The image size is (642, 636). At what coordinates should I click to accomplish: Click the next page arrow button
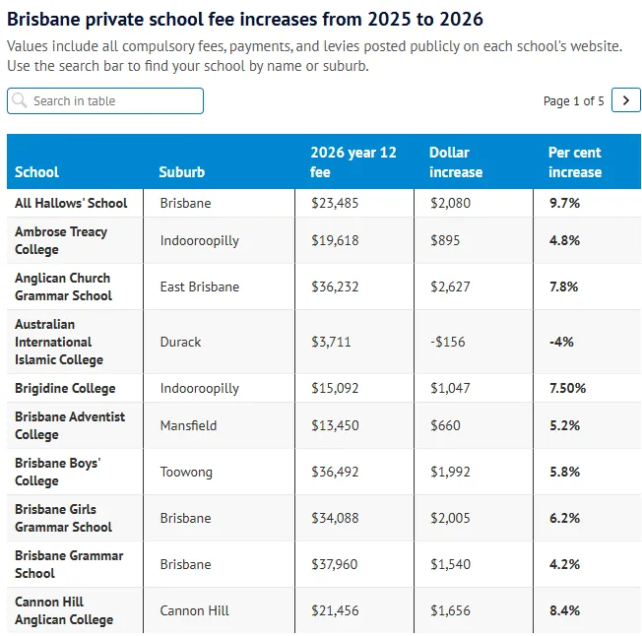tap(625, 100)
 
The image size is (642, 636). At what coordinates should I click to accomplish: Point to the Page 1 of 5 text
tap(573, 101)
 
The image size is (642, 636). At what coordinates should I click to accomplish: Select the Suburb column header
tap(182, 172)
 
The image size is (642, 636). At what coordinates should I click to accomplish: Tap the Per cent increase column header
tap(574, 161)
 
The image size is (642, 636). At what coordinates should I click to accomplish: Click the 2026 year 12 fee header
tap(353, 161)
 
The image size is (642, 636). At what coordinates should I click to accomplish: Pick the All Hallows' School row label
tap(71, 203)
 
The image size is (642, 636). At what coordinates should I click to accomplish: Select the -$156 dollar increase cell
tap(450, 342)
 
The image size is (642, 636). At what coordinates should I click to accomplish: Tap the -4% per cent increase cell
tap(561, 342)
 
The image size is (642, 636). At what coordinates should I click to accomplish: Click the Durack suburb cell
tap(180, 342)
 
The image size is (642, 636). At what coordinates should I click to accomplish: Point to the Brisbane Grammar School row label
tap(69, 564)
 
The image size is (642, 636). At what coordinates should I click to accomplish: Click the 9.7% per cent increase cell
tap(564, 203)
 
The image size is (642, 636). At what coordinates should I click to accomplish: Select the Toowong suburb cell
tap(186, 472)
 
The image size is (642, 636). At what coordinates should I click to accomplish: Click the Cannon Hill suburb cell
tap(194, 610)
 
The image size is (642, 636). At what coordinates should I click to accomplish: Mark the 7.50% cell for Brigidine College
tap(567, 388)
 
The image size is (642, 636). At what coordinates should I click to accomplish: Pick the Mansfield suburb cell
tap(188, 425)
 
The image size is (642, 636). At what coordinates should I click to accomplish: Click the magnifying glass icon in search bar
tap(21, 100)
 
